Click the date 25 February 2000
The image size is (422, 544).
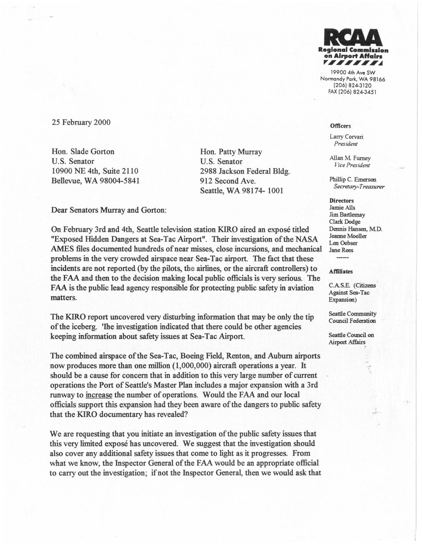pyautogui.click(x=81, y=122)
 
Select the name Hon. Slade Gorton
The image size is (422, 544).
pyautogui.click(x=83, y=152)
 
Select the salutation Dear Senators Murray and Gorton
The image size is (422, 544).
pyautogui.click(x=109, y=210)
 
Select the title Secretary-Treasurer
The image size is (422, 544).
pyautogui.click(x=359, y=187)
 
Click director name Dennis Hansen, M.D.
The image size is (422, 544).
pyautogui.click(x=356, y=229)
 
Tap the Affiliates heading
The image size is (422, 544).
pyautogui.click(x=341, y=271)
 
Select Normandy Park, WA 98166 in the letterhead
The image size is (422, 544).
pyautogui.click(x=352, y=79)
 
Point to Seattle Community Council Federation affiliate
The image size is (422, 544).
pyautogui.click(x=352, y=317)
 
